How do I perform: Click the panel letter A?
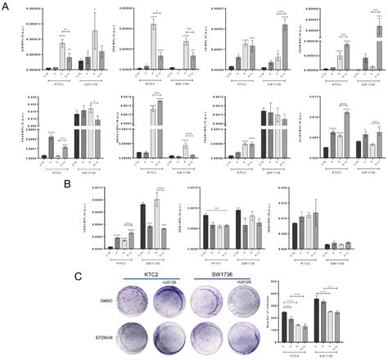pos(6,6)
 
